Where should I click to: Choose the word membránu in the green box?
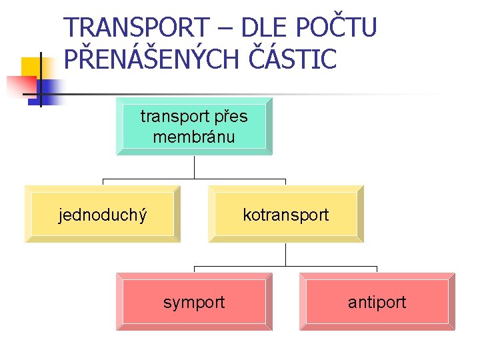point(194,137)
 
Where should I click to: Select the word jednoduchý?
point(103,215)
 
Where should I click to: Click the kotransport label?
point(286,215)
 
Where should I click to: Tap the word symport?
point(194,302)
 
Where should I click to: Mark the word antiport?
point(377,302)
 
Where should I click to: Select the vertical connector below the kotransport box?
point(285,255)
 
